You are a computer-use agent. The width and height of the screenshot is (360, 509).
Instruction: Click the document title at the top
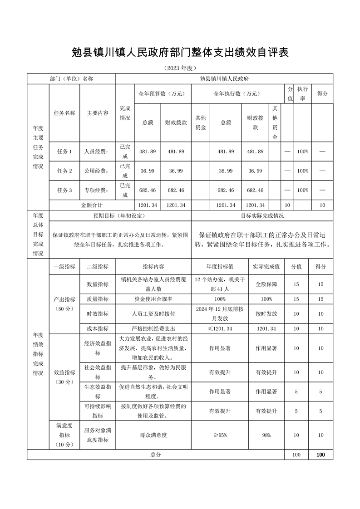coord(180,52)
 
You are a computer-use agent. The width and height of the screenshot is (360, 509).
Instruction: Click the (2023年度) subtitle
coord(180,68)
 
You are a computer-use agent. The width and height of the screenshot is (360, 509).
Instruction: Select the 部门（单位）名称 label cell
coord(71,78)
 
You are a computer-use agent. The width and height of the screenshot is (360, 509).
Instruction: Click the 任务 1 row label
coord(64,151)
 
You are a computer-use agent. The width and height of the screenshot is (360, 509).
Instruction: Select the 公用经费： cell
coord(97,171)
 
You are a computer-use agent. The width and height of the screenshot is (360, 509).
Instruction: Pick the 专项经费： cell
coord(97,190)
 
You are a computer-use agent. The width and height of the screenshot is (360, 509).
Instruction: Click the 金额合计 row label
coord(92,205)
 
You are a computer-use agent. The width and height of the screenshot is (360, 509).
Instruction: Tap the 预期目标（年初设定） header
coord(120,215)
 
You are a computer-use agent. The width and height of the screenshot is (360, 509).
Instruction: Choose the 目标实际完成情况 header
coord(262,215)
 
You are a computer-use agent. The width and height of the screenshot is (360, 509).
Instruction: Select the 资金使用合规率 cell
coord(153,299)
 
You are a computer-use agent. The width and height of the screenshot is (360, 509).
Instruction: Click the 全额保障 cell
coord(266,284)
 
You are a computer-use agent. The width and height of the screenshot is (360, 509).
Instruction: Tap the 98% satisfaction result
coord(266,435)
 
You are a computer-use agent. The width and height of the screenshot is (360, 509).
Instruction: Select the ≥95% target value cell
coord(220,435)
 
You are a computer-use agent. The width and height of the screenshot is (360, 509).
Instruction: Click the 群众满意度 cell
coord(153,435)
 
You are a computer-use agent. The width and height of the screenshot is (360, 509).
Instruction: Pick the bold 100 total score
coord(321,454)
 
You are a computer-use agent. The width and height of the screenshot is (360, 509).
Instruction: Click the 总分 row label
coord(155,454)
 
